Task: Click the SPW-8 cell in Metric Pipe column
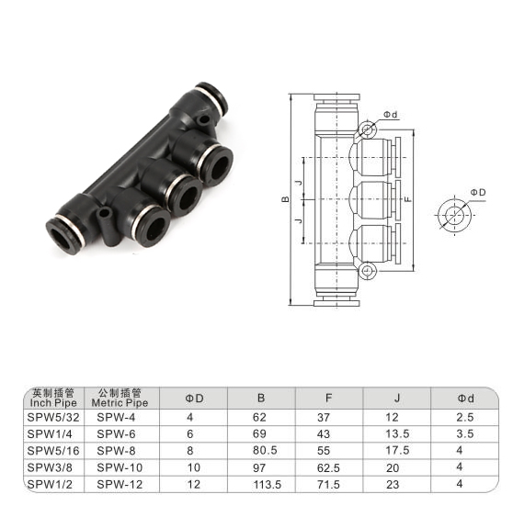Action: tap(116, 451)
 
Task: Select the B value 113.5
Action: tap(267, 484)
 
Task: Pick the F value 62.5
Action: tap(328, 467)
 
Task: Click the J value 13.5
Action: tap(397, 434)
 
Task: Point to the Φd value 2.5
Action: tap(465, 418)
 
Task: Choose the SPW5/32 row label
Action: tap(53, 418)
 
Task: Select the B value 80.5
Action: tap(265, 451)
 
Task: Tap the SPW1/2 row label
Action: tap(50, 484)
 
